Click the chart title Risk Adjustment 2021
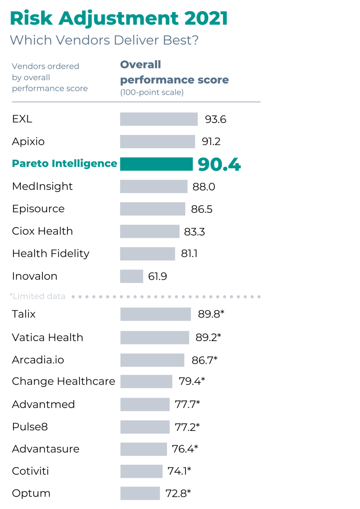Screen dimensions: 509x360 click(x=119, y=18)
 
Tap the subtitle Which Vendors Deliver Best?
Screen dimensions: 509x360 click(x=104, y=40)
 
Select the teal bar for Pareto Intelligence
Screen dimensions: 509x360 click(x=156, y=164)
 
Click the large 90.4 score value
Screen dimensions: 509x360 click(x=219, y=164)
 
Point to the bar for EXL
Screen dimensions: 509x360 click(x=159, y=119)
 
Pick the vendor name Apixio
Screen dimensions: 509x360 click(x=28, y=141)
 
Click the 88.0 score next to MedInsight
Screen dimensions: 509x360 click(x=204, y=187)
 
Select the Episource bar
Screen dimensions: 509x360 click(x=152, y=209)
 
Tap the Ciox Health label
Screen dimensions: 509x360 click(x=42, y=231)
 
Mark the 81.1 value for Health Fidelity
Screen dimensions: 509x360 click(x=189, y=254)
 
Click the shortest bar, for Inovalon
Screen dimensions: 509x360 click(x=131, y=276)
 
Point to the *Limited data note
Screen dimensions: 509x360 click(x=37, y=296)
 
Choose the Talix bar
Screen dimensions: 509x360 click(x=155, y=314)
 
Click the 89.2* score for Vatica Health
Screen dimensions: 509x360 click(x=208, y=337)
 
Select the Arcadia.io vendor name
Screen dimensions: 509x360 click(x=38, y=360)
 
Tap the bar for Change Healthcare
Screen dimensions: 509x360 click(x=146, y=381)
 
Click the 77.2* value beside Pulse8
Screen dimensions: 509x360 click(x=187, y=427)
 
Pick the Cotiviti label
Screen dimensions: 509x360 click(x=30, y=471)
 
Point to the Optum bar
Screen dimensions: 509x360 click(x=140, y=493)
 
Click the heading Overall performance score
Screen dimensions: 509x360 click(x=174, y=72)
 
